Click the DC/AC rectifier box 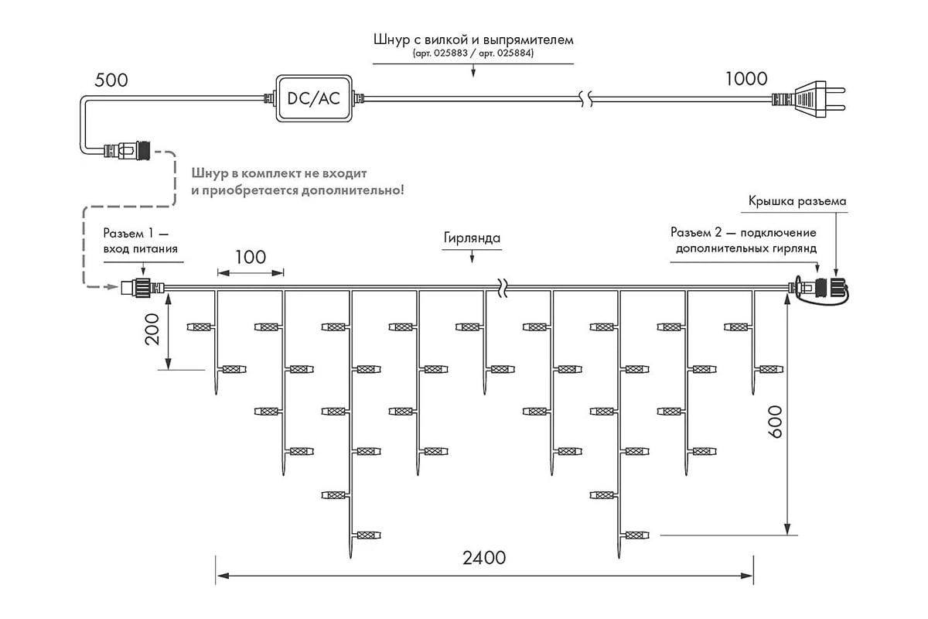(314, 98)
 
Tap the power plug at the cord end (808, 100)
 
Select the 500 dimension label (111, 80)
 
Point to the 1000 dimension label (746, 79)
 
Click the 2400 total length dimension (484, 558)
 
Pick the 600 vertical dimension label (774, 422)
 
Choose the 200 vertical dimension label (152, 329)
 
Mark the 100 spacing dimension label (251, 258)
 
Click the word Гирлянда (472, 238)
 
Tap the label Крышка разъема (797, 201)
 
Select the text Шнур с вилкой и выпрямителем (473, 39)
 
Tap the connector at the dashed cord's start (127, 150)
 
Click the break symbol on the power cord (585, 99)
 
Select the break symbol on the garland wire (502, 288)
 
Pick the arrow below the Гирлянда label (472, 257)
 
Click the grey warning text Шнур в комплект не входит (279, 173)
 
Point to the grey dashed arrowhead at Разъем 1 (113, 286)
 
